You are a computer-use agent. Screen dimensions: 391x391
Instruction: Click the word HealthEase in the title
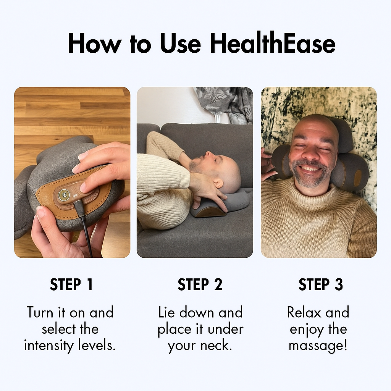coord(273,44)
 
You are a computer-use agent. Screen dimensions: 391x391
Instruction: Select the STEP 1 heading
coord(71,285)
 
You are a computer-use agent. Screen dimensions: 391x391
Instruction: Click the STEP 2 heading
coord(200,285)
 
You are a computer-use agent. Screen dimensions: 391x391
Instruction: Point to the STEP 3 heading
coord(321,285)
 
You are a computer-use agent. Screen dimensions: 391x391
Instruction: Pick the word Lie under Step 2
coord(167,312)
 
